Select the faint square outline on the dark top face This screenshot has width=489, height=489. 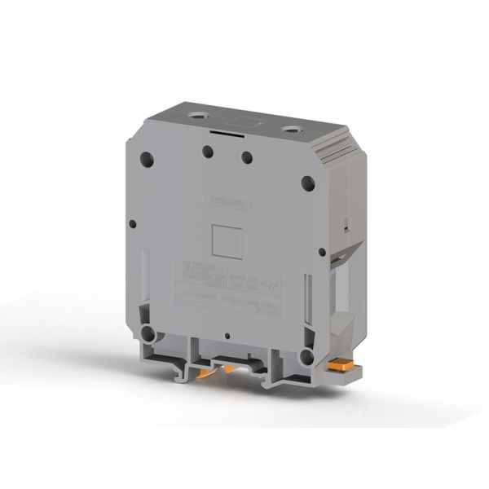[244, 121]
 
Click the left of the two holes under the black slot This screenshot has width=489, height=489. [209, 150]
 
